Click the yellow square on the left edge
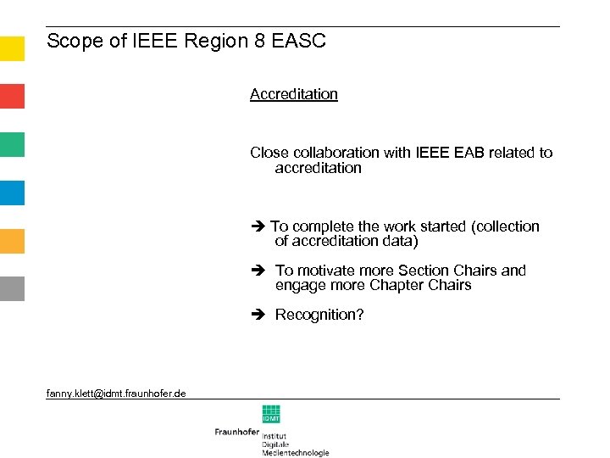[x=12, y=48]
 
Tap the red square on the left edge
[x=12, y=96]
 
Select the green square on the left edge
[x=12, y=144]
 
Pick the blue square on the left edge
[x=12, y=193]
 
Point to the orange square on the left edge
[x=12, y=241]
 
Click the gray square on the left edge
[x=12, y=288]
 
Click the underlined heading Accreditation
[x=294, y=94]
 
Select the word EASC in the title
[x=298, y=41]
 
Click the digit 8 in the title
[x=258, y=41]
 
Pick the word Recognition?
[x=319, y=315]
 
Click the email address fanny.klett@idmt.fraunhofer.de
[x=116, y=393]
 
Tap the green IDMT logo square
[x=271, y=415]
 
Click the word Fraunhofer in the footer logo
[x=237, y=431]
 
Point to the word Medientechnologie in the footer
[x=296, y=453]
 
